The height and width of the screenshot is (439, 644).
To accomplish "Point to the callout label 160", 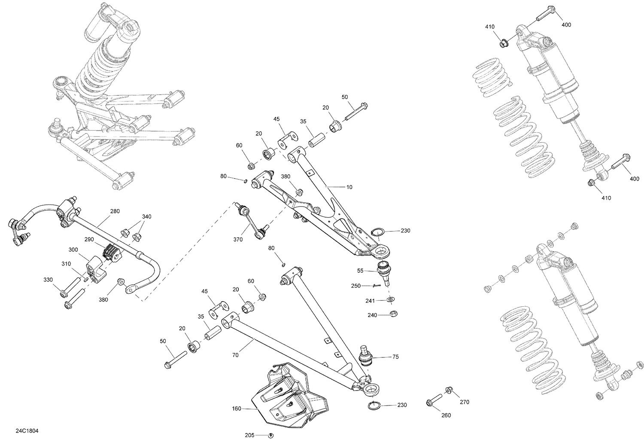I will click(x=237, y=409).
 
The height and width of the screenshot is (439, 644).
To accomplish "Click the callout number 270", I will click(x=464, y=402).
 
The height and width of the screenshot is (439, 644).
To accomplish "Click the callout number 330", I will click(x=48, y=280).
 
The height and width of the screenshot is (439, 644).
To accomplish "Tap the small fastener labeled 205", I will click(x=271, y=435).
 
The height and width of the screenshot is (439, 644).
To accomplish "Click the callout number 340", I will click(x=146, y=216).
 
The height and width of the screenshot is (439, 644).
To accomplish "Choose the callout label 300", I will click(x=73, y=250).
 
